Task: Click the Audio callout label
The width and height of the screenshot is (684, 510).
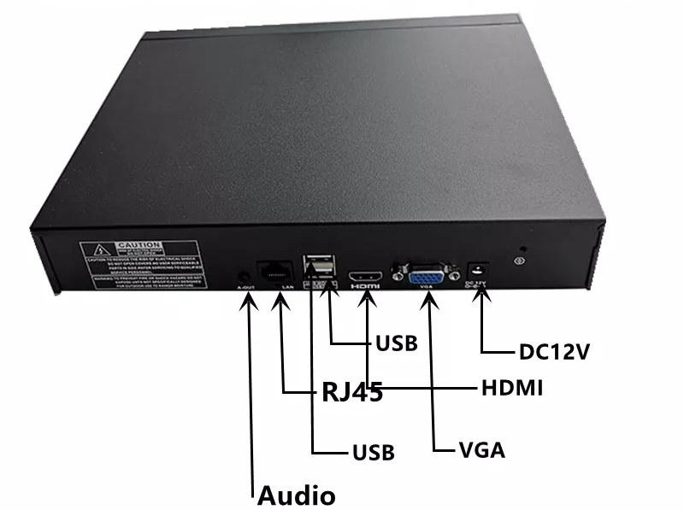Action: point(297,494)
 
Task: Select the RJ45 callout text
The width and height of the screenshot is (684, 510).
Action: point(351,393)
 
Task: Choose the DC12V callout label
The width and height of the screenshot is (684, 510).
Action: point(554,351)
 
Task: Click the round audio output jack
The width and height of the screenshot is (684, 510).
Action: point(245,275)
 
